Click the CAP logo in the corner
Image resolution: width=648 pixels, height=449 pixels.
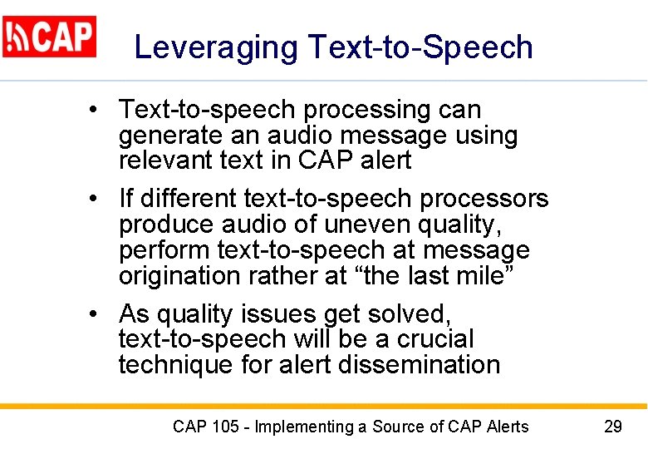(49, 37)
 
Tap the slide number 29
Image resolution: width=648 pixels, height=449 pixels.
(613, 427)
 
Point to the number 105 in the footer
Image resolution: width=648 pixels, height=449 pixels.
(225, 427)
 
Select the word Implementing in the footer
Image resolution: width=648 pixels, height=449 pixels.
(304, 427)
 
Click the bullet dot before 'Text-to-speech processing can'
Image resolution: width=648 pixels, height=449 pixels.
(98, 110)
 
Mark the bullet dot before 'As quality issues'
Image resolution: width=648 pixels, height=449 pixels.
(98, 314)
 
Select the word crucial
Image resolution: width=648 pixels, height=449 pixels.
(430, 339)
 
